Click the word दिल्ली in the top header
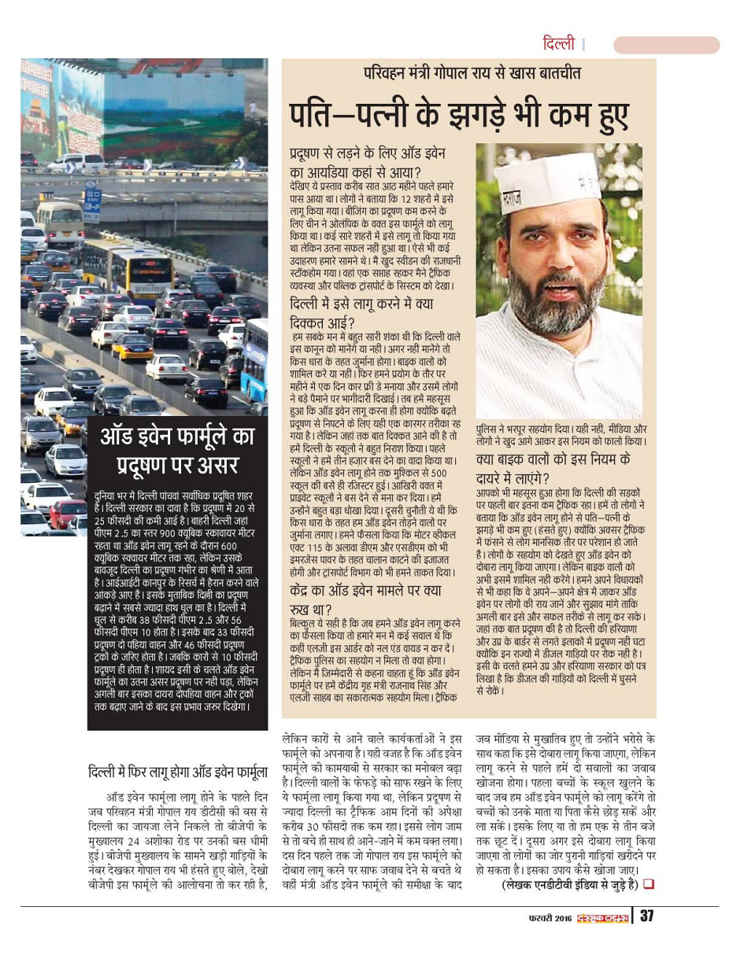coord(559,44)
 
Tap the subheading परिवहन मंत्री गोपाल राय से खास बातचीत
coord(472,73)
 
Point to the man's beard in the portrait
coord(543,302)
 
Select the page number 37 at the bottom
coord(646,916)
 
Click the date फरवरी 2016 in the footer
coord(550,916)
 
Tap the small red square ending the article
coord(649,883)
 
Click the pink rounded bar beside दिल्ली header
coord(666,45)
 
